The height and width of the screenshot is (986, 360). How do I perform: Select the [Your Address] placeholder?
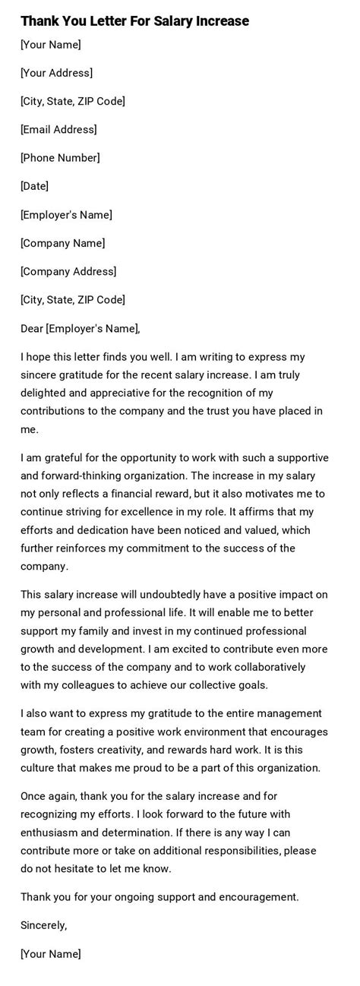pos(57,73)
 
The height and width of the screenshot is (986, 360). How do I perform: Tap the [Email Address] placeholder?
pos(58,129)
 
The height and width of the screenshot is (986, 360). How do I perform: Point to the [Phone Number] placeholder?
pos(60,158)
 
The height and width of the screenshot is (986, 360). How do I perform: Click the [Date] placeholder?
pos(34,186)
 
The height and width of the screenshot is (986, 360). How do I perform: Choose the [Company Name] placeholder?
pos(63,243)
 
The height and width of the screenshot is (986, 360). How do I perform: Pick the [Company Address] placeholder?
pos(68,271)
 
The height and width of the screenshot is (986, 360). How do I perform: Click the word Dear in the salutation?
pos(32,328)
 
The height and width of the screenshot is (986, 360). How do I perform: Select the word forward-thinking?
pos(88,476)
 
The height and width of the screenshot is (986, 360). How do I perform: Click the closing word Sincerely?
pos(44,925)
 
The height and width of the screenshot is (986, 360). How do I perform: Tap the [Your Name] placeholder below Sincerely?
pos(51,954)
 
